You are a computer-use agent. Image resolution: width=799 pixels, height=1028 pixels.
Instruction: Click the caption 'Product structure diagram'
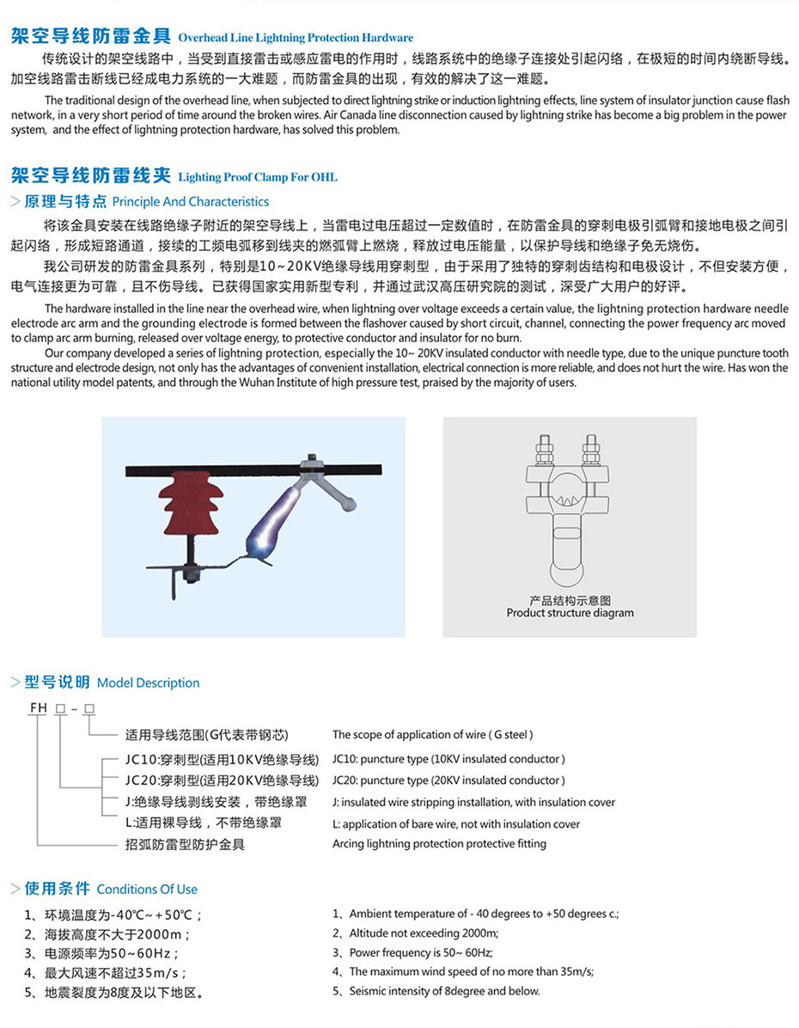click(x=570, y=613)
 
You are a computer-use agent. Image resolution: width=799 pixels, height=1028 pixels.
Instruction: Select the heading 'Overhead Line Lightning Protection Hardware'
click(x=296, y=38)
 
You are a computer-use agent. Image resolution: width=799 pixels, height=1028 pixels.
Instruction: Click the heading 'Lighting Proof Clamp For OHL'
click(x=258, y=177)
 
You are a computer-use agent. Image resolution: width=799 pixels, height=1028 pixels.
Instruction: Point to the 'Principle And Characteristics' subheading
click(x=191, y=202)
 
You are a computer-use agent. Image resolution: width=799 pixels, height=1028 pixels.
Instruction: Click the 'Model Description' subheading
click(x=148, y=682)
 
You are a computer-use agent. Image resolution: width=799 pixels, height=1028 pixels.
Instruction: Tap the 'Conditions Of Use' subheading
click(x=147, y=889)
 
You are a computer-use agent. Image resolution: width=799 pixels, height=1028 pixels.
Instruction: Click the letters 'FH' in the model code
click(x=38, y=707)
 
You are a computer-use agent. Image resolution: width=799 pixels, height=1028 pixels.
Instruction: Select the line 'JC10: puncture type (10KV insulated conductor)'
click(x=448, y=759)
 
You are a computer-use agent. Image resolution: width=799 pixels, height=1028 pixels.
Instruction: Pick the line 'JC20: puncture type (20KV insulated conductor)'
click(x=448, y=780)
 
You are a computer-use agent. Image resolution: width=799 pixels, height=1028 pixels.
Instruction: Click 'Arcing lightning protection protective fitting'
click(x=439, y=843)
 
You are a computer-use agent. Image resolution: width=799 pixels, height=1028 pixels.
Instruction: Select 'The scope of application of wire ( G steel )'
click(x=433, y=735)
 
